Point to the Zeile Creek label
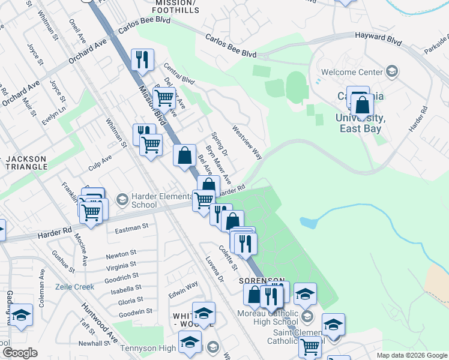76,287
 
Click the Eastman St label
131,228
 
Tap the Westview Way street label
247,142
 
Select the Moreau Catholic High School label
268,318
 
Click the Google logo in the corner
20,353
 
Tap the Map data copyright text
412,355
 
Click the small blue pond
308,223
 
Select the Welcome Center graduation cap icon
392,72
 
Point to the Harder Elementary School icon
122,199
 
